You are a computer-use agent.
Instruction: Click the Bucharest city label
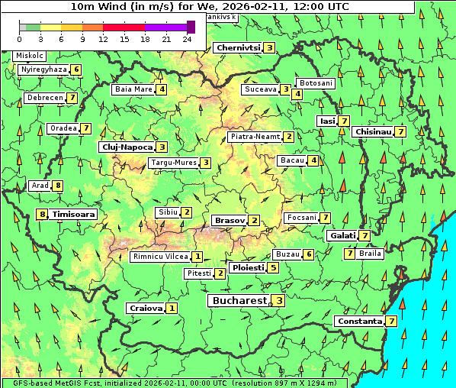[239, 301]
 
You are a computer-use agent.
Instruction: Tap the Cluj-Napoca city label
[127, 147]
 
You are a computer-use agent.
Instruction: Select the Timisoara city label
[74, 215]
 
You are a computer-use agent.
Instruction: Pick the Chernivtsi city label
[238, 47]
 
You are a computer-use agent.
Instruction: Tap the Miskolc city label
[30, 56]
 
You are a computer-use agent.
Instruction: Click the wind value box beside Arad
[58, 186]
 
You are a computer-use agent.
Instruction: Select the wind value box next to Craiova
[172, 308]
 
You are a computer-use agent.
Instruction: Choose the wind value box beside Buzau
[308, 254]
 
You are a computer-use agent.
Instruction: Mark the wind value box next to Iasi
[344, 121]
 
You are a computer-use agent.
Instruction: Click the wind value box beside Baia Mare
[162, 89]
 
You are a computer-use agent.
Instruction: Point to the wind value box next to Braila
[349, 253]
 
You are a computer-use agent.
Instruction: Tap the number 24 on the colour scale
[187, 38]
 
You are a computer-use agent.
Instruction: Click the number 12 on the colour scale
[103, 38]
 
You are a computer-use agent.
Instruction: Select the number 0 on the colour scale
[19, 38]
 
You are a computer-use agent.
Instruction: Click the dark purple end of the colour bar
[191, 27]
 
